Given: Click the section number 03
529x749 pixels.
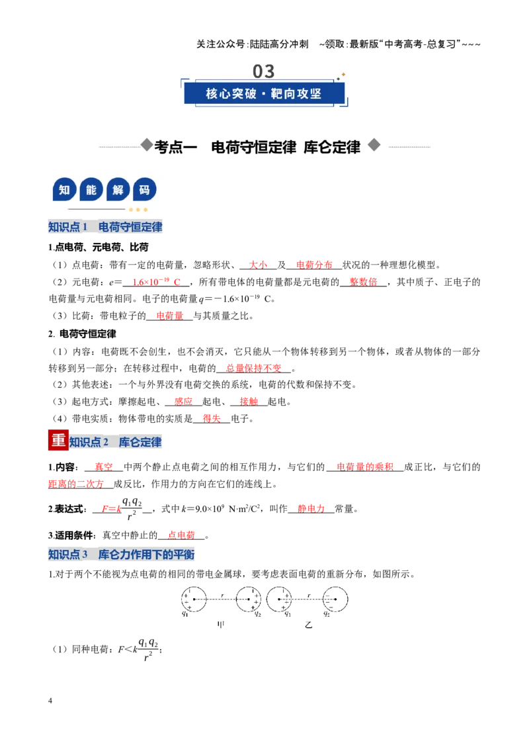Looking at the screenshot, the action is [x=264, y=71].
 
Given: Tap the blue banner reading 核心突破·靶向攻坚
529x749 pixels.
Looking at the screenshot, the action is [x=264, y=93].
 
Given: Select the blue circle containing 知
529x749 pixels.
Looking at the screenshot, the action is [x=64, y=190].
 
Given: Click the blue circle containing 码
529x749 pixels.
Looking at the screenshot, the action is [x=145, y=190].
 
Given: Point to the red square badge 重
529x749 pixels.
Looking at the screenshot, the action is [x=58, y=440].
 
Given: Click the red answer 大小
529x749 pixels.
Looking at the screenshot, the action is [x=258, y=265].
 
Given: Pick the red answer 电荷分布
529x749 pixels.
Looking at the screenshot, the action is [x=314, y=265].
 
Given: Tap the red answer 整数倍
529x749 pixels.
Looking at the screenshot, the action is [x=363, y=282].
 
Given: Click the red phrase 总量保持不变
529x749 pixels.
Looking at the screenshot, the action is [x=253, y=369].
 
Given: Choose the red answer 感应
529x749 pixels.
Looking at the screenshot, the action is [x=183, y=402].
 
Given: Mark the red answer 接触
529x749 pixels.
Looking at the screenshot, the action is [x=249, y=402].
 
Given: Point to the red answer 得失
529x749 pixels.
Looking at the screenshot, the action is [x=212, y=419].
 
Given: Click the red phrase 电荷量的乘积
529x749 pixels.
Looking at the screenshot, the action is [x=365, y=466].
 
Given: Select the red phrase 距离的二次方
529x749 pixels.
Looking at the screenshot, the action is [x=76, y=484].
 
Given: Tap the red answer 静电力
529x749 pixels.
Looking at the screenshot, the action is [x=311, y=509].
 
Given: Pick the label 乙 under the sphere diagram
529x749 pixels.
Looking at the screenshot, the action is [x=308, y=625].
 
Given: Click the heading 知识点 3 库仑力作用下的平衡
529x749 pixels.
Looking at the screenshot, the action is [x=121, y=554].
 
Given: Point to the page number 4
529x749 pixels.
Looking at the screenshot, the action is [x=50, y=701].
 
